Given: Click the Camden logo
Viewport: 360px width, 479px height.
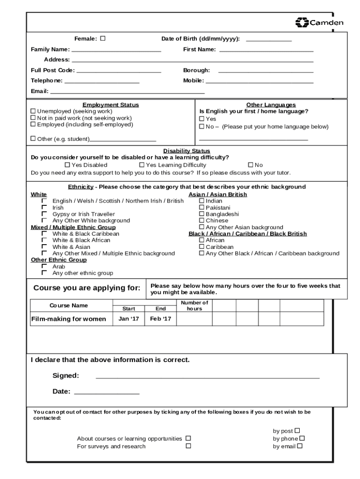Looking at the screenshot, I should pos(319,22).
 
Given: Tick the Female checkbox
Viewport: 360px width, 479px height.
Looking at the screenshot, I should pos(103,38).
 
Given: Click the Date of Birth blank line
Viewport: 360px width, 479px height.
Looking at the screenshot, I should pos(268,40).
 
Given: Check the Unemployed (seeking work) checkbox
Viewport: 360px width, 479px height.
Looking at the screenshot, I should pos(33,111).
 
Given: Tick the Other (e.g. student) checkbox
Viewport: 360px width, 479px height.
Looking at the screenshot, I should pos(33,138).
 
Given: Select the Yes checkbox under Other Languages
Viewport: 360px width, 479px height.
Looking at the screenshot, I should pos(202,119).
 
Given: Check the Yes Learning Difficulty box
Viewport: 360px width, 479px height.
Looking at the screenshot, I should pos(142,165).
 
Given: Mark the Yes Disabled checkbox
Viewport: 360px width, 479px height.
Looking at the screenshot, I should pos(67,165).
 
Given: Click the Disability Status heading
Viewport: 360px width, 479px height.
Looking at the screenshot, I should pos(187,151).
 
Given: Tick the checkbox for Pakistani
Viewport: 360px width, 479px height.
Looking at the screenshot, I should pos(202,207).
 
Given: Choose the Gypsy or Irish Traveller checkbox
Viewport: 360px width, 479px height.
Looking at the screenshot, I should pos(44,214).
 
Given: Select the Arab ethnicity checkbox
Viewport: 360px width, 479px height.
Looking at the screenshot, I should pos(44,266).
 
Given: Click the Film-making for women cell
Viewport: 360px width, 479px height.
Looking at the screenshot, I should pos(69,319).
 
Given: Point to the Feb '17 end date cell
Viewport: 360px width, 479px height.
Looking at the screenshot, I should pos(160,319).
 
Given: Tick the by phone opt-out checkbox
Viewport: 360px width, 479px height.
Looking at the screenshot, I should pos(302,438).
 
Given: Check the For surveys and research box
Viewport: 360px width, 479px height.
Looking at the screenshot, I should pos(188,446).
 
